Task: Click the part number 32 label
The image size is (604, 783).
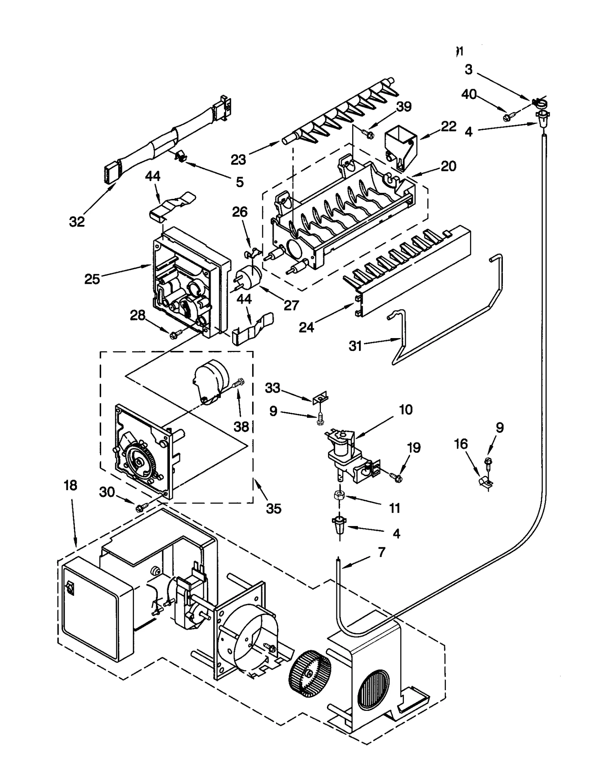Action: tap(77, 222)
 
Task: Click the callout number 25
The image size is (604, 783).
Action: tap(92, 279)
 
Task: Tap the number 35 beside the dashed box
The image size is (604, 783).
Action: tap(274, 509)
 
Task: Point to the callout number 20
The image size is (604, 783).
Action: tap(448, 166)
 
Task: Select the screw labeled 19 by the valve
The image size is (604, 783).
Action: tap(396, 478)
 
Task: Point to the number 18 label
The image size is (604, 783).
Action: tap(70, 485)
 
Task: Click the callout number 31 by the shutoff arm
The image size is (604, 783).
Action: tap(355, 346)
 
